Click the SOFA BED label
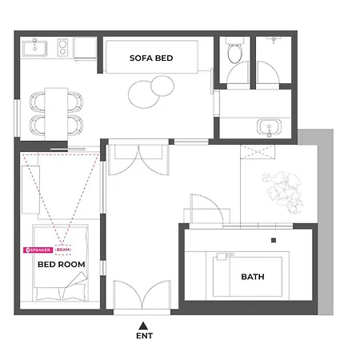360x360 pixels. pyautogui.click(x=151, y=58)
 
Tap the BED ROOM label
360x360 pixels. pyautogui.click(x=62, y=264)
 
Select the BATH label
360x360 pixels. pyautogui.click(x=253, y=277)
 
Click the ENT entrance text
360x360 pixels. pyautogui.click(x=144, y=336)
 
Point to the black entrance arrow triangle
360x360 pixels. pyautogui.click(x=143, y=326)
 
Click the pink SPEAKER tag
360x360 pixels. pyautogui.click(x=38, y=250)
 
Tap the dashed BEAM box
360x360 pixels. pyautogui.click(x=63, y=250)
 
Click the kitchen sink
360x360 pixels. pyautogui.click(x=34, y=49)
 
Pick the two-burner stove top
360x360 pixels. pyautogui.click(x=62, y=47)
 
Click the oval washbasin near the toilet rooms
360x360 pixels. pyautogui.click(x=269, y=127)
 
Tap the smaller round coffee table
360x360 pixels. pyautogui.click(x=162, y=86)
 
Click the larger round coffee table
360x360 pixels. pyautogui.click(x=144, y=94)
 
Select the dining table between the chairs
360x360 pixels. pyautogui.click(x=56, y=114)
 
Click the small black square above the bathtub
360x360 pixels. pyautogui.click(x=274, y=240)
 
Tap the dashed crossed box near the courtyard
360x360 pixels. pyautogui.click(x=258, y=152)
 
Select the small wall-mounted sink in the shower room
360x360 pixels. pyautogui.click(x=274, y=40)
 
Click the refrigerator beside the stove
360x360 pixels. pyautogui.click(x=85, y=49)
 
